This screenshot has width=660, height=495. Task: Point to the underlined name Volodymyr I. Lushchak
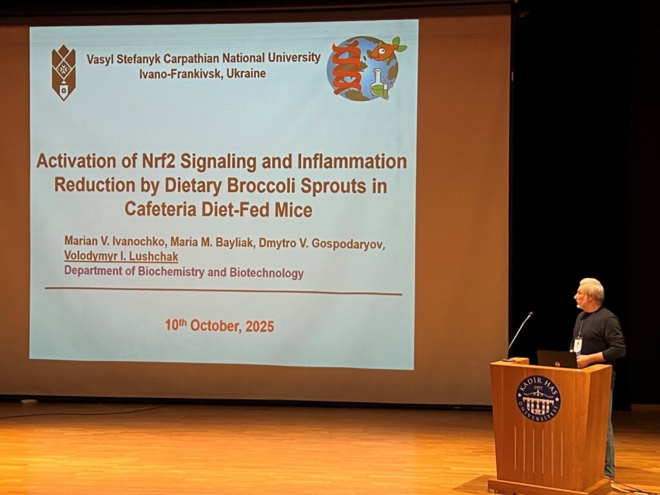[x=121, y=257]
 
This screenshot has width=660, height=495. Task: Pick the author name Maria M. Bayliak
[x=211, y=242]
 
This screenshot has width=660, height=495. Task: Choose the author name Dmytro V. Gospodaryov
[x=322, y=244]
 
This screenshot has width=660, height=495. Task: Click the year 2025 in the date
[x=260, y=327]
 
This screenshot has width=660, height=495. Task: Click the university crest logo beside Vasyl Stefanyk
[x=64, y=72]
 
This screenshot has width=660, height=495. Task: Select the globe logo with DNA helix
[x=365, y=68]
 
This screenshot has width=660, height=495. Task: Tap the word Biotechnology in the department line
[x=266, y=273]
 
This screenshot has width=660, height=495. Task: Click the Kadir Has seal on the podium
[x=538, y=398]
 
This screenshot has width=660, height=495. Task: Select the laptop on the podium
[x=557, y=359]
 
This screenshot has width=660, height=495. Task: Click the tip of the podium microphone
[x=531, y=314]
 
